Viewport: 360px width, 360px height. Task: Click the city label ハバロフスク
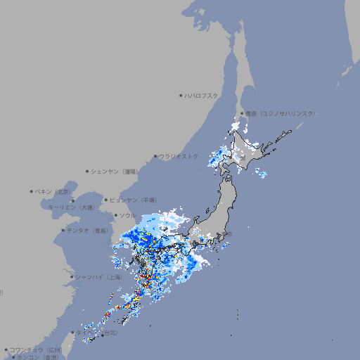(202, 95)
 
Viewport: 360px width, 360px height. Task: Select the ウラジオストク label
(179, 156)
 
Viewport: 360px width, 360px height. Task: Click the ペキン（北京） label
(54, 191)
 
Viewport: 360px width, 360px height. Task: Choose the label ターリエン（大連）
(71, 207)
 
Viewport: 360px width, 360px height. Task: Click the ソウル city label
(127, 216)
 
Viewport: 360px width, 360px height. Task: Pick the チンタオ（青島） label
(88, 230)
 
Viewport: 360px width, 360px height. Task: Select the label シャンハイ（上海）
(98, 277)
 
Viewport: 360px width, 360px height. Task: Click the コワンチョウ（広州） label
(35, 349)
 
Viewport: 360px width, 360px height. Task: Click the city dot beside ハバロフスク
(181, 95)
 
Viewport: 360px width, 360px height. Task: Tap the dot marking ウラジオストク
(155, 156)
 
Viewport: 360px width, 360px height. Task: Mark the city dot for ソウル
(115, 216)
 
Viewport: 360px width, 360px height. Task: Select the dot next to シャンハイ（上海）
(72, 277)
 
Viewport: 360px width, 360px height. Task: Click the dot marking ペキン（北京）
(32, 191)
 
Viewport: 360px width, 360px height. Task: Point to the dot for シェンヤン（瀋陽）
(87, 171)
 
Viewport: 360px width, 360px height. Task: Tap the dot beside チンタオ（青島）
(63, 230)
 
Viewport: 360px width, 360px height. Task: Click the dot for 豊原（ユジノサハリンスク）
(242, 113)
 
